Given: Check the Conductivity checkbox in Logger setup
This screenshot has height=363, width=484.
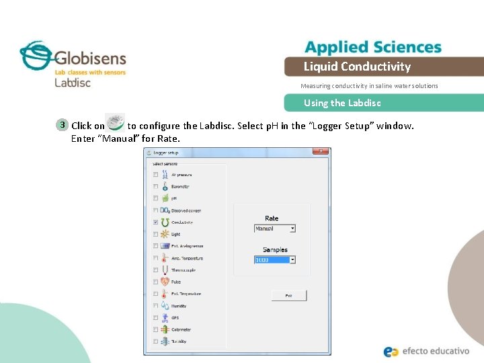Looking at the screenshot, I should [156, 222].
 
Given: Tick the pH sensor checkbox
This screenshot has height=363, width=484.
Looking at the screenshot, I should [156, 198].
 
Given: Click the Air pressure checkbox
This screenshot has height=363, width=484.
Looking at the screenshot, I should [156, 174].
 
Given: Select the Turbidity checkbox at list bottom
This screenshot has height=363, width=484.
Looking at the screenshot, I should [156, 341].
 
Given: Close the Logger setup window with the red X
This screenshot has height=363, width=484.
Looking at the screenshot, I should [322, 151].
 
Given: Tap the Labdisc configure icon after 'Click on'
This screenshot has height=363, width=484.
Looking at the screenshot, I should [116, 122].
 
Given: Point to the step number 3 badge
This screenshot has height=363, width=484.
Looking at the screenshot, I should [62, 125].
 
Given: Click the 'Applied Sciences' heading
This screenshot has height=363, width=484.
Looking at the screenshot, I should [373, 47].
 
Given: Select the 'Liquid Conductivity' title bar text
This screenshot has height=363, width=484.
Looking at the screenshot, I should [357, 67].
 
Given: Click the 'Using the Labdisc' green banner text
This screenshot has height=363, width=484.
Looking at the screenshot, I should [342, 103].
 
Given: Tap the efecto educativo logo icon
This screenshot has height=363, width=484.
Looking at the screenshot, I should [391, 351].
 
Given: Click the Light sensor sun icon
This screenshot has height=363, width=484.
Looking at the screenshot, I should [165, 234].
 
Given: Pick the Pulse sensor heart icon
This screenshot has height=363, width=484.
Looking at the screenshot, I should [165, 282].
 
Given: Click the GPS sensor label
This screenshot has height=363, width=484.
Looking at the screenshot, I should [174, 318].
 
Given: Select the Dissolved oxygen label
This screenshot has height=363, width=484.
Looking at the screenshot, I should [186, 210].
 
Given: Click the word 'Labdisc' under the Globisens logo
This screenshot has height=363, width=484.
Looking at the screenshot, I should [73, 83].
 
